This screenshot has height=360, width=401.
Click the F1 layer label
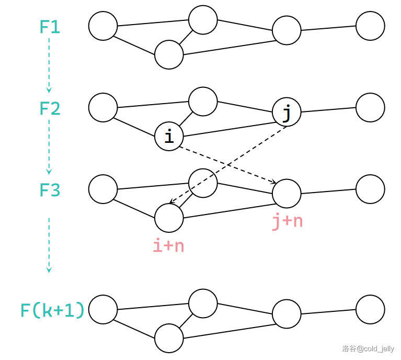pyautogui.click(x=50, y=27)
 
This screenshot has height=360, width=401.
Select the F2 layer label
pyautogui.click(x=50, y=109)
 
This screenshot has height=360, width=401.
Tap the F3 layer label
pyautogui.click(x=50, y=190)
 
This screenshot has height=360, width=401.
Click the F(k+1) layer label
pyautogui.click(x=52, y=311)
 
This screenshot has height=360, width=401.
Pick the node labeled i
pyautogui.click(x=169, y=137)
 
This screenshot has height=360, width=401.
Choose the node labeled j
pyautogui.click(x=287, y=113)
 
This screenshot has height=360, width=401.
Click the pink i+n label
pyautogui.click(x=168, y=246)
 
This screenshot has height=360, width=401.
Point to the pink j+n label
pyautogui.click(x=287, y=221)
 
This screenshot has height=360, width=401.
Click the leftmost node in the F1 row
pyautogui.click(x=103, y=26)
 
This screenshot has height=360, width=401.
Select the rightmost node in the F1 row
pyautogui.click(x=370, y=26)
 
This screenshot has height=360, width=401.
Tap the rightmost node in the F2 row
pyautogui.click(x=370, y=107)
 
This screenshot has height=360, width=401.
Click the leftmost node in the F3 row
pyautogui.click(x=103, y=189)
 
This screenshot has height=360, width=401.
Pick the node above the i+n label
pyautogui.click(x=169, y=218)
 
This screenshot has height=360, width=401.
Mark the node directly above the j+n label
pyautogui.click(x=287, y=194)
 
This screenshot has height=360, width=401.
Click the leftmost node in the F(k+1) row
pyautogui.click(x=103, y=309)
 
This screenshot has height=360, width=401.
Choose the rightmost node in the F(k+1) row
pyautogui.click(x=370, y=309)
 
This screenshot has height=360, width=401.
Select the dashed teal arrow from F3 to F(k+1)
pyautogui.click(x=49, y=245)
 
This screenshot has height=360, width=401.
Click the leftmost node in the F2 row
pyautogui.click(x=103, y=107)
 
